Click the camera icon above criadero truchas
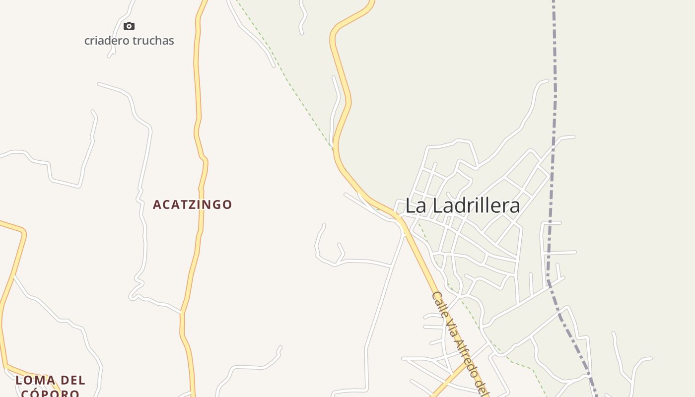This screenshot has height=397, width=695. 129,26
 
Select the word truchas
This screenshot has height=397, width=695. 154,41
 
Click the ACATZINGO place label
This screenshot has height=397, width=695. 192,204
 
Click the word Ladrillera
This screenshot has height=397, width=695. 475,205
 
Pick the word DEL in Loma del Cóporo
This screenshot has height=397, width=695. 74,381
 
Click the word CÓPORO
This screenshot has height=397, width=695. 50,393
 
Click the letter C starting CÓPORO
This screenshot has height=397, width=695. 25,393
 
